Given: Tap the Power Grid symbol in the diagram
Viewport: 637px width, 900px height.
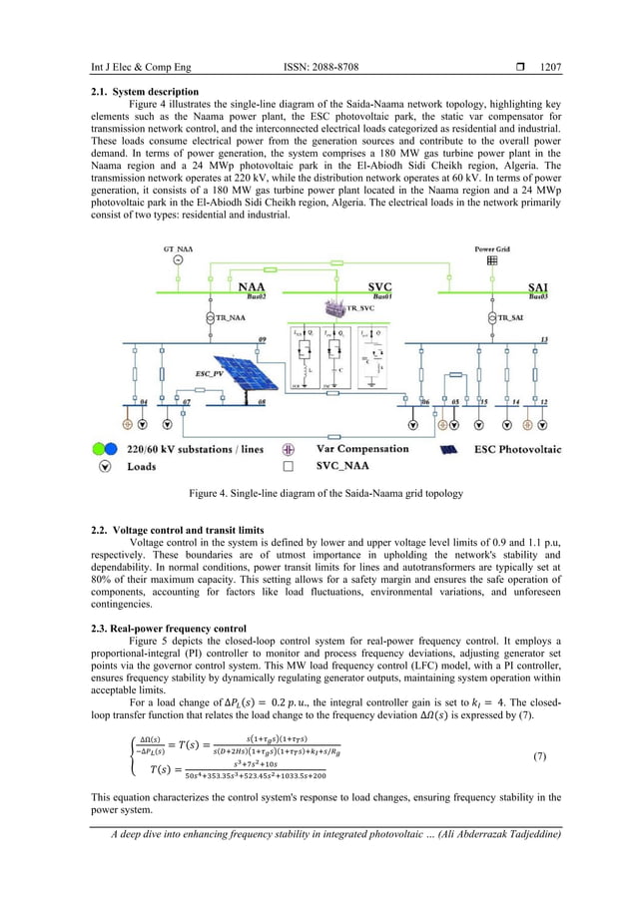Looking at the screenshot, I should pyautogui.click(x=490, y=260).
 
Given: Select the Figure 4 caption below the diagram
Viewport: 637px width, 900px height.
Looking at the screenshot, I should pyautogui.click(x=318, y=493).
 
